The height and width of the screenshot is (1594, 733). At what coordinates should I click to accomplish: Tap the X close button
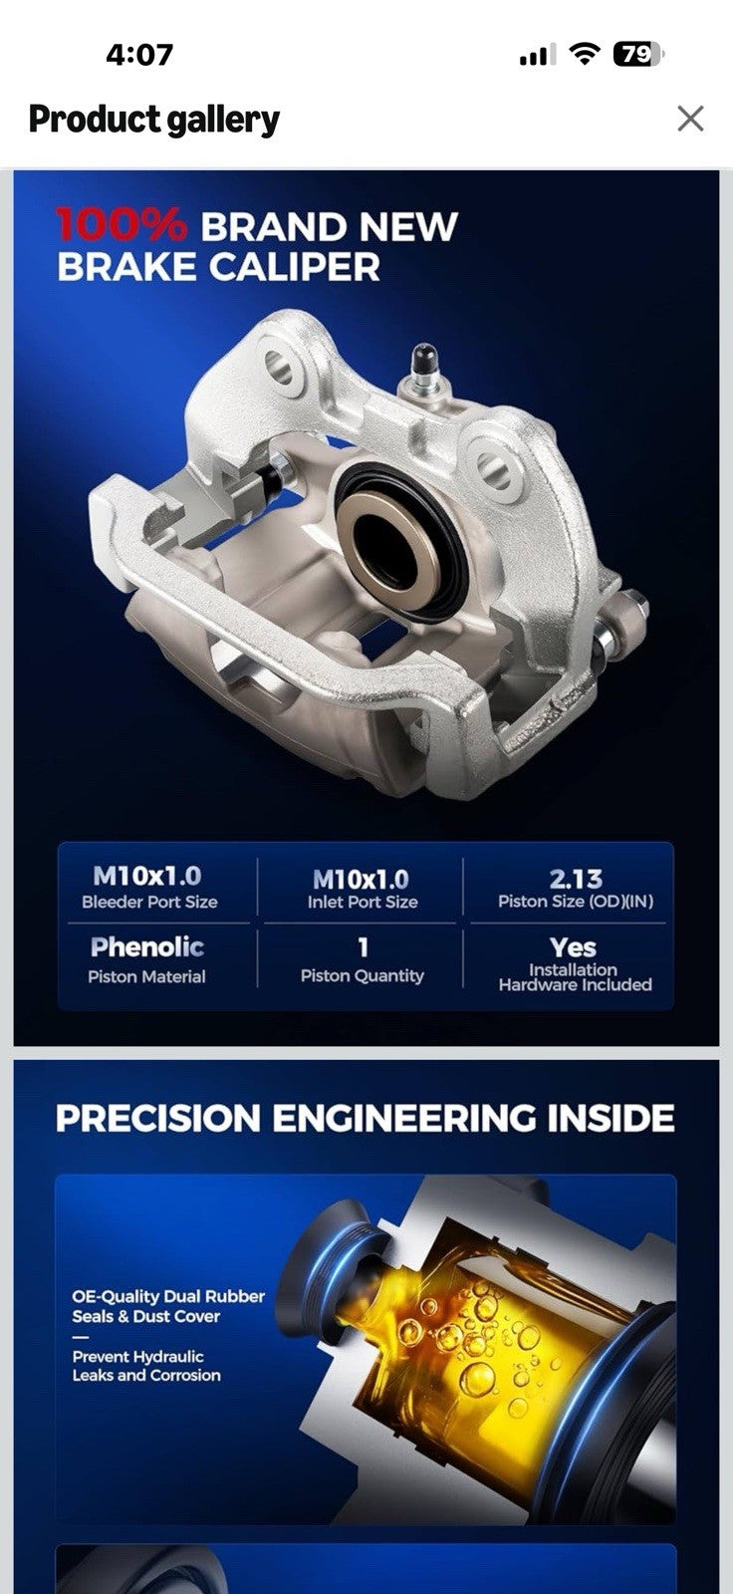690,119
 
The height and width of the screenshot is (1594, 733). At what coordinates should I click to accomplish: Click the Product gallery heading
153,119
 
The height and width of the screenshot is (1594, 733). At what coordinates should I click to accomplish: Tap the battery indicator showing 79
637,54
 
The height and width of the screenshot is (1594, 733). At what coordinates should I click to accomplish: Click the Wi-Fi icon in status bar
585,54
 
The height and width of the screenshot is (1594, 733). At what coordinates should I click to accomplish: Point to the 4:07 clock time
139,55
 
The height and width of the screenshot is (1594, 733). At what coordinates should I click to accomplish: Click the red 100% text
121,225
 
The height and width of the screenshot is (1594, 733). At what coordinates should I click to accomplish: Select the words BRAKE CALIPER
218,268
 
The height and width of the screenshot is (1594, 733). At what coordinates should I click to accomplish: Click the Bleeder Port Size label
149,902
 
